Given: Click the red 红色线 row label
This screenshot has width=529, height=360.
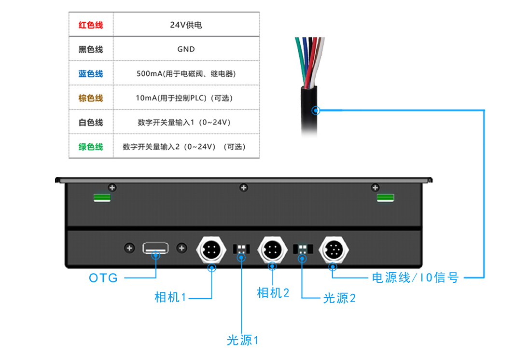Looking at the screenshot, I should [x=91, y=25].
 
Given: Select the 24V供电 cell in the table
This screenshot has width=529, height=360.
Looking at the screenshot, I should [x=186, y=25].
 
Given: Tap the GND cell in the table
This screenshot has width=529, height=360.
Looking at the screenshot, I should [x=186, y=49].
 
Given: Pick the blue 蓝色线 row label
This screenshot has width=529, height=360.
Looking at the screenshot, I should [x=91, y=74].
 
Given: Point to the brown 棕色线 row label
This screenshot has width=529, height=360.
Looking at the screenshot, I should [x=91, y=98].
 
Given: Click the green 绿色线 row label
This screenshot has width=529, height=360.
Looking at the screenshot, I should [x=91, y=147].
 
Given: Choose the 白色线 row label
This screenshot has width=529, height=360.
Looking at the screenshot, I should [x=91, y=123].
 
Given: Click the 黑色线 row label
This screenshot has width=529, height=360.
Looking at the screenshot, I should [x=91, y=49].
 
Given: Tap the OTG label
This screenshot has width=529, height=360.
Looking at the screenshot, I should [x=103, y=278].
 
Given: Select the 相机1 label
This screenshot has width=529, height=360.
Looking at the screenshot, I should [x=170, y=297].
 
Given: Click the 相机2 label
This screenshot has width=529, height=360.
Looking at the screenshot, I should [x=273, y=292].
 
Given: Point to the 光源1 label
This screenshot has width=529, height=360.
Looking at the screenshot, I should [x=243, y=340].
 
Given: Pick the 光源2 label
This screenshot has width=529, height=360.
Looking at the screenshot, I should [x=339, y=298].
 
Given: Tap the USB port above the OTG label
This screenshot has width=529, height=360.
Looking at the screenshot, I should [x=155, y=248].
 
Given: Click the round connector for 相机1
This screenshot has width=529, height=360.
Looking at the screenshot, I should [x=211, y=249].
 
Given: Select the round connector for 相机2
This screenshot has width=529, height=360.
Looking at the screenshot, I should [x=273, y=249].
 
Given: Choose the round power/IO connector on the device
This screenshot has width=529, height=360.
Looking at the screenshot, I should [x=332, y=249].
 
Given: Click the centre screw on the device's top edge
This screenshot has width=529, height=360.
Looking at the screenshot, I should [x=244, y=188].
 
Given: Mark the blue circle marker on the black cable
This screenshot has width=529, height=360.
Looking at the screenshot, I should [x=316, y=110].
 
